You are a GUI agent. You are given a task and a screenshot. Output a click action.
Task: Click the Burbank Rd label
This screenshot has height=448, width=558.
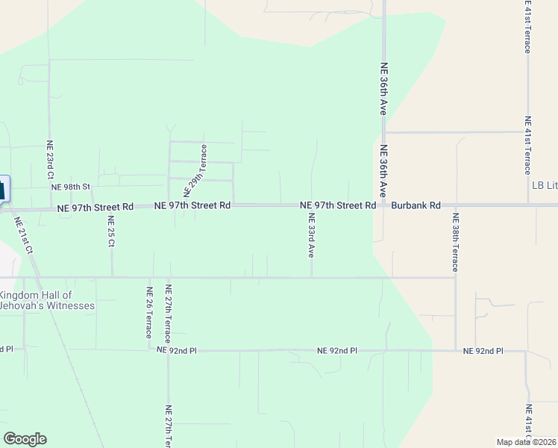(416, 205)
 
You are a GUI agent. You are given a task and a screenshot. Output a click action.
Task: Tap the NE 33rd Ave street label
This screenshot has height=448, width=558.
(311, 235)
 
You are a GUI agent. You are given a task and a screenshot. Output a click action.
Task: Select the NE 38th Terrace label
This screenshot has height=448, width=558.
(454, 241)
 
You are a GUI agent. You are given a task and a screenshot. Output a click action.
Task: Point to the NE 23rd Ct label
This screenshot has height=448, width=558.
(51, 160)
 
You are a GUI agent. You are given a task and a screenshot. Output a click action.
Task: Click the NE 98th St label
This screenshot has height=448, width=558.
(76, 187)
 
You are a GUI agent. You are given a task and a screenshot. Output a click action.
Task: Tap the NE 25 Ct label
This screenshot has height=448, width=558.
(111, 231)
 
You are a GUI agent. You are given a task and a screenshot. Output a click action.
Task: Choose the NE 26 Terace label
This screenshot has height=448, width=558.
(148, 314)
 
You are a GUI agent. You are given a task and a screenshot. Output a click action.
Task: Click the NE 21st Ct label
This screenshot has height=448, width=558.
(24, 235)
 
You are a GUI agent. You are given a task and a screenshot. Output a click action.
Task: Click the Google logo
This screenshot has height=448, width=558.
(25, 439)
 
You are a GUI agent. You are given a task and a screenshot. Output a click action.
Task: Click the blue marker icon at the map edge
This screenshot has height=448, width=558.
(3, 188)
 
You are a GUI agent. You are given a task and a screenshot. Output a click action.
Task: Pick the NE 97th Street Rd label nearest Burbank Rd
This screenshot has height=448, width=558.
(337, 205)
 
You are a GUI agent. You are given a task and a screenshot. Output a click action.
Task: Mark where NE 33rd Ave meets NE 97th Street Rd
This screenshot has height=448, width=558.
(311, 205)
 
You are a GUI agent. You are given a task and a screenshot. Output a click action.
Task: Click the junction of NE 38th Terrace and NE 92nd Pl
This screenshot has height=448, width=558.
(454, 350)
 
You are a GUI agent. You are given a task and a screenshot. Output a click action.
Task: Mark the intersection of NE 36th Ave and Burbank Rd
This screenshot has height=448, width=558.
(383, 205)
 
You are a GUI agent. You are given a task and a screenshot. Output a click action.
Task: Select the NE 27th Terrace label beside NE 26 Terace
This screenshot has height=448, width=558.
(169, 314)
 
